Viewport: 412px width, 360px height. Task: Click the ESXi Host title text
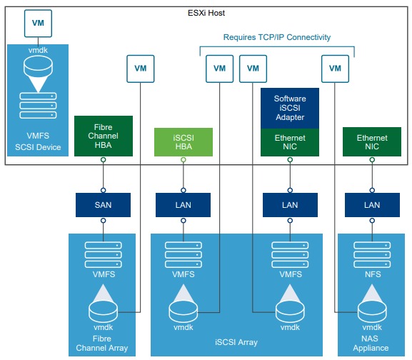206,13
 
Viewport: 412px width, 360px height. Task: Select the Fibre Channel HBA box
104,136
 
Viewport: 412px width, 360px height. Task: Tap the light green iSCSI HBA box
184,142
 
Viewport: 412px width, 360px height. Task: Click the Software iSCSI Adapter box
290,108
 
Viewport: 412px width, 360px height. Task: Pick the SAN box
103,205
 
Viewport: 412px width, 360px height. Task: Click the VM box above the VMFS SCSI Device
38,24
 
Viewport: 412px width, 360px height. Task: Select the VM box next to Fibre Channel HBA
141,69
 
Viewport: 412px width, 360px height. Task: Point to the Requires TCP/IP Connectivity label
277,37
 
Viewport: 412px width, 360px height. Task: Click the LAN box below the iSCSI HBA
183,205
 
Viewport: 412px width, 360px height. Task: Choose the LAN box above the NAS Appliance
372,205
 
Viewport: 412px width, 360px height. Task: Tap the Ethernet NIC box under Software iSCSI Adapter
290,142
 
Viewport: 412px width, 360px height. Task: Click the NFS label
373,274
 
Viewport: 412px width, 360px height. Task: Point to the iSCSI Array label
236,342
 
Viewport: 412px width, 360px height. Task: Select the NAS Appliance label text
371,343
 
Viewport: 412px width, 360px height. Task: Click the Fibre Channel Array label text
102,343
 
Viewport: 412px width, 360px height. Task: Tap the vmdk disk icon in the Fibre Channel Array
103,311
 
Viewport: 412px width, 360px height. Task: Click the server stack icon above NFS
372,255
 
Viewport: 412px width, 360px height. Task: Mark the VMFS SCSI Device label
38,141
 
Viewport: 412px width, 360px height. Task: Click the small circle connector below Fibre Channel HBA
104,160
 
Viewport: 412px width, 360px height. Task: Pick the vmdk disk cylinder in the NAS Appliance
372,311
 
